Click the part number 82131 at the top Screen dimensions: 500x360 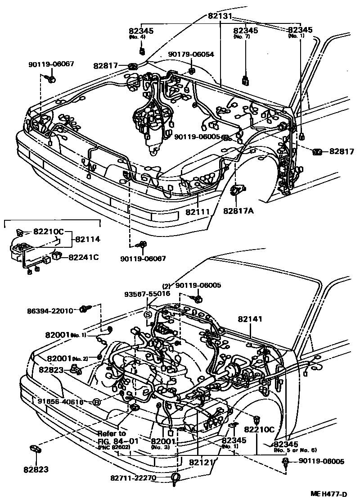point(220,15)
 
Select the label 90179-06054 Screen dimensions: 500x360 point(191,54)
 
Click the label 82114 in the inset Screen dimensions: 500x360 point(87,239)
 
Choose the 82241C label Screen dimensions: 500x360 point(83,257)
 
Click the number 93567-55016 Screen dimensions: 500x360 point(148,293)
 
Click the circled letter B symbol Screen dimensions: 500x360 point(95,402)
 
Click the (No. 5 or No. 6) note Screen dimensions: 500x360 point(295,450)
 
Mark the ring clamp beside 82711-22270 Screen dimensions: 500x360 point(175,478)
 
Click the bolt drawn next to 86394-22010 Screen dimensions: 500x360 point(84,309)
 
